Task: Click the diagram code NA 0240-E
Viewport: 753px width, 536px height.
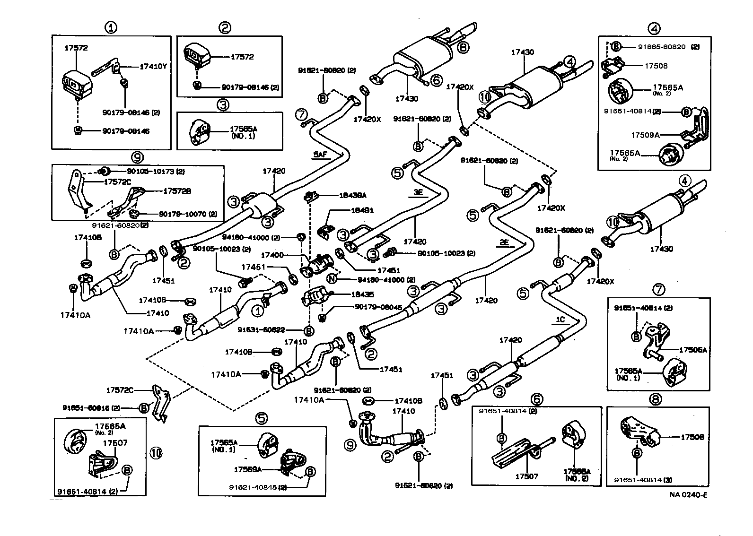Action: (688, 495)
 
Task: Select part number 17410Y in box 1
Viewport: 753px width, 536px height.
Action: (153, 67)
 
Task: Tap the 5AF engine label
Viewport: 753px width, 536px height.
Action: (320, 154)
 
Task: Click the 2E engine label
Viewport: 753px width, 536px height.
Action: (504, 243)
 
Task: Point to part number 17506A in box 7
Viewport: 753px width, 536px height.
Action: (692, 350)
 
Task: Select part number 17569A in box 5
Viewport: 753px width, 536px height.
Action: (247, 469)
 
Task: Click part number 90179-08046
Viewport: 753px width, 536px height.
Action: (378, 307)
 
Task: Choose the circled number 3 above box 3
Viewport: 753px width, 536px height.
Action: (223, 105)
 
